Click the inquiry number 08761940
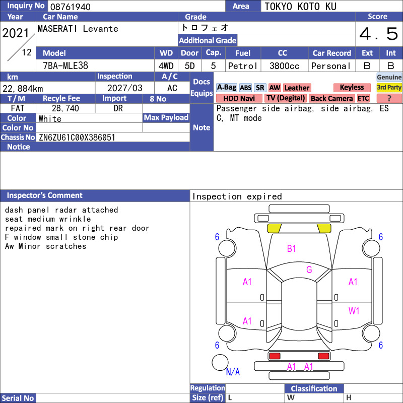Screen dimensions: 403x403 [x=70, y=7]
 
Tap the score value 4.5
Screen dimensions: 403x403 [x=379, y=34]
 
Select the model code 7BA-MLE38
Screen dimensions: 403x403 [x=65, y=66]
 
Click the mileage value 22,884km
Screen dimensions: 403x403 [x=23, y=89]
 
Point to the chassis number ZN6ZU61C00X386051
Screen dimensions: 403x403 [x=77, y=138]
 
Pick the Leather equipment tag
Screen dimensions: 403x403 [x=297, y=88]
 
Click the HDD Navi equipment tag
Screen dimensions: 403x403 [x=239, y=98]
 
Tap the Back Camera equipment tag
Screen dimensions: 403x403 [x=332, y=98]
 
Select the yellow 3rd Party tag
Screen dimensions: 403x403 [x=389, y=87]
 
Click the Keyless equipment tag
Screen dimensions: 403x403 [x=352, y=87]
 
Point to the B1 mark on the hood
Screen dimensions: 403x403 [x=291, y=248]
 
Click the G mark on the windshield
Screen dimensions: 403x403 [x=309, y=270]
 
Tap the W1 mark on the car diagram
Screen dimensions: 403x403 [x=354, y=311]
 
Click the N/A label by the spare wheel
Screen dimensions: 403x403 [x=233, y=372]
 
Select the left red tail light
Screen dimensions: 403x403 [x=275, y=356]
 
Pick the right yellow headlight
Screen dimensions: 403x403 [x=324, y=228]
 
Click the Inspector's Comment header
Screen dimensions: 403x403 [x=44, y=195]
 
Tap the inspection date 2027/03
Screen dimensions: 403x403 [x=124, y=88]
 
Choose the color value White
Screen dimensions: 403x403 [x=50, y=119]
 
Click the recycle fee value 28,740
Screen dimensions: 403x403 [x=65, y=108]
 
